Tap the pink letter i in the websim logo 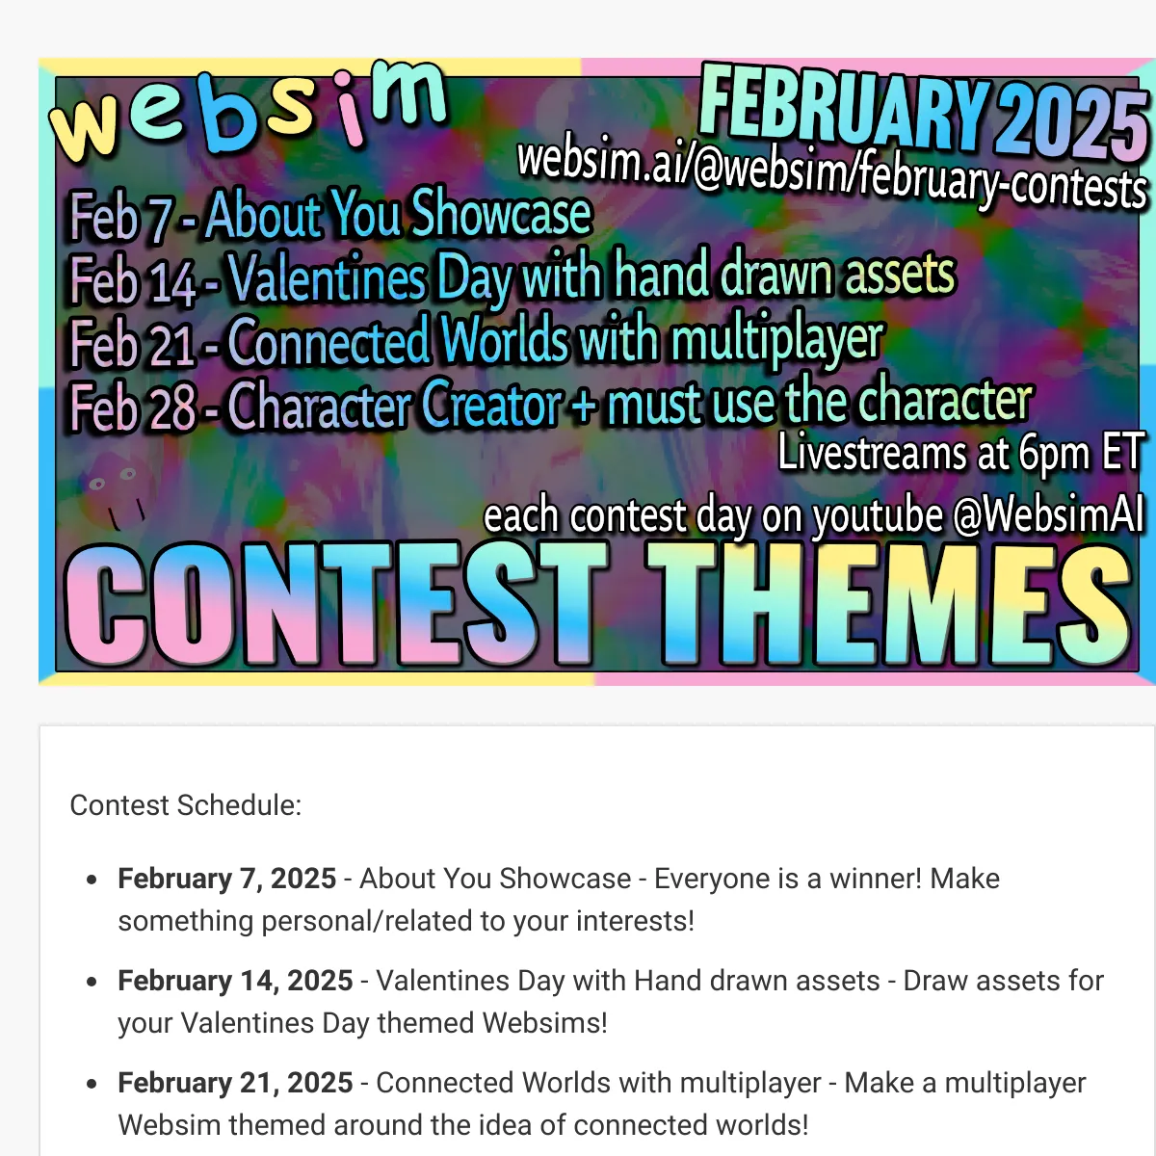(349, 108)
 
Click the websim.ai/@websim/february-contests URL (832, 171)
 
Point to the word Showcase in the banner (502, 212)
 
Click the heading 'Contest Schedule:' (185, 805)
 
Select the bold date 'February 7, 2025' (226, 879)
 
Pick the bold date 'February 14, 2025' (235, 981)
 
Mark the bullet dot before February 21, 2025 (92, 1084)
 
